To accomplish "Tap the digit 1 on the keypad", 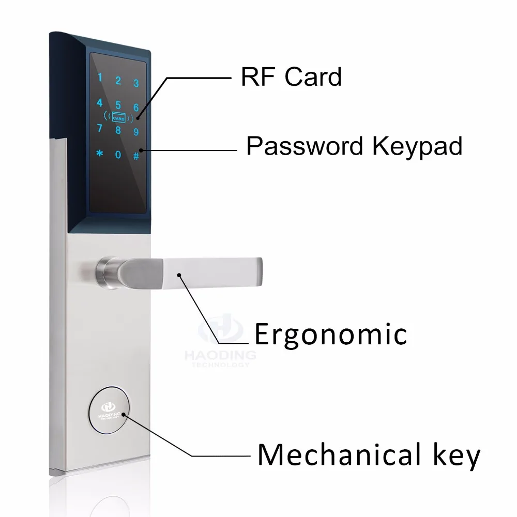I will [x=101, y=79].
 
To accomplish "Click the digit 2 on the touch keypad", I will [x=118, y=81].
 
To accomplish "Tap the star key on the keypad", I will [x=100, y=154].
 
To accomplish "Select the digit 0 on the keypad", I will [x=118, y=155].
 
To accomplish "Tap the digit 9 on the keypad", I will [x=136, y=131].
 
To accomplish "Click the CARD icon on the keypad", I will [x=118, y=117].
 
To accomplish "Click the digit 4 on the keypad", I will [x=100, y=102].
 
